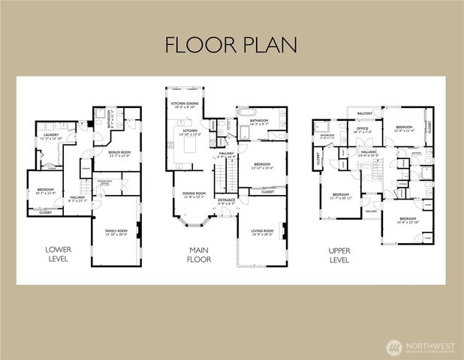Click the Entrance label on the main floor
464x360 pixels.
[227, 201]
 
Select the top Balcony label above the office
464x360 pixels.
[365, 113]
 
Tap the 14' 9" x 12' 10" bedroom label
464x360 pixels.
[411, 220]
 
